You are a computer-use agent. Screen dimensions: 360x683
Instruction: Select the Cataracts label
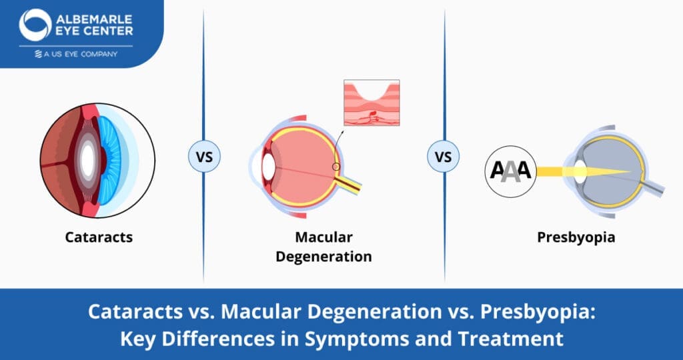[99, 237]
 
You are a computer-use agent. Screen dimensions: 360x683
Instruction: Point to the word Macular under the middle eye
[324, 237]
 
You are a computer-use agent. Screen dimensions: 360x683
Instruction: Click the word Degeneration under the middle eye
[324, 256]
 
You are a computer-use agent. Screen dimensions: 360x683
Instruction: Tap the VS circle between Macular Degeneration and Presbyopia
[444, 157]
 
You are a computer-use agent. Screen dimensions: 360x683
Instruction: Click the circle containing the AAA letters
[510, 171]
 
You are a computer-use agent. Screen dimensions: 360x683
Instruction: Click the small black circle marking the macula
[337, 166]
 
